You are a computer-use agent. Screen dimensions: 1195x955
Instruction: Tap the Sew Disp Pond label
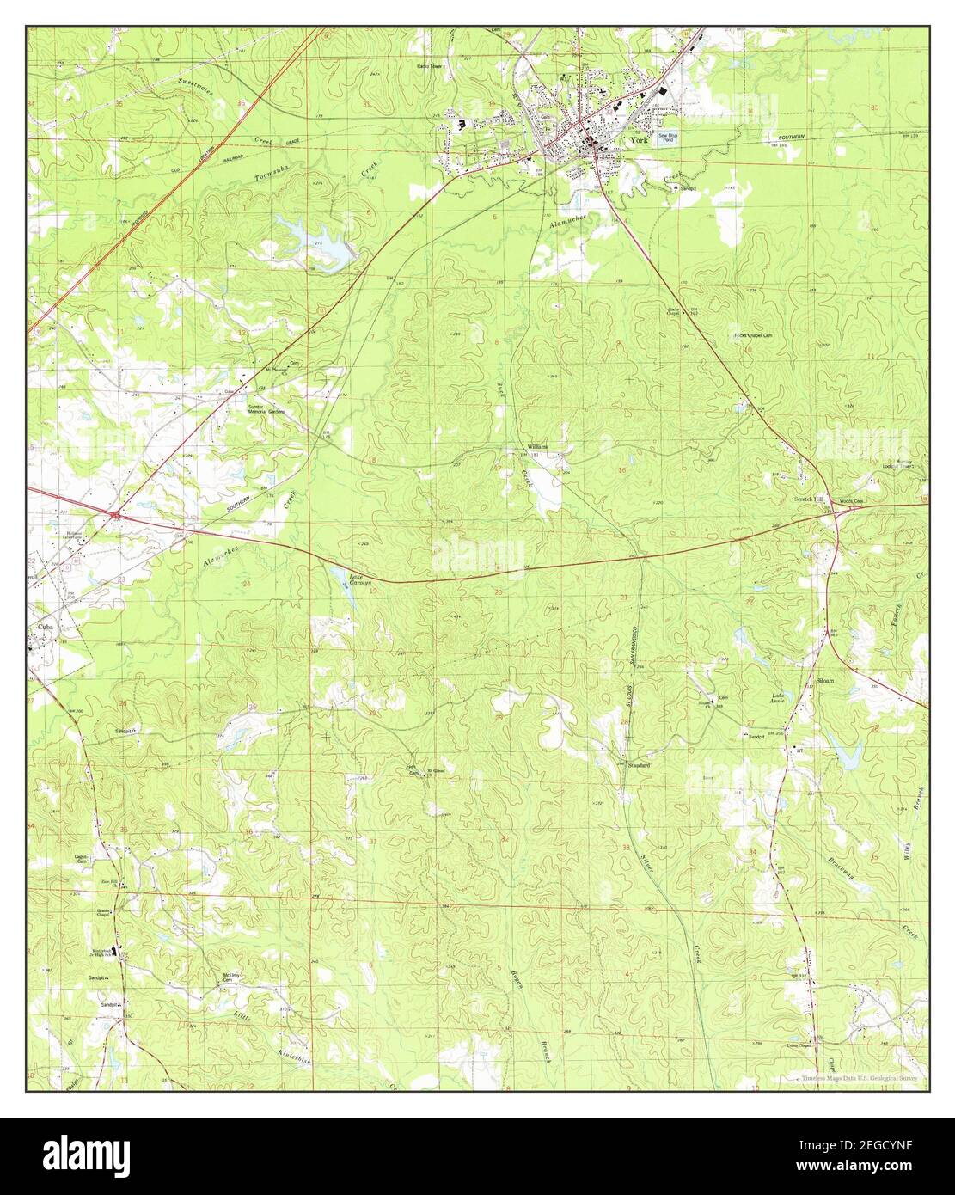coord(668,138)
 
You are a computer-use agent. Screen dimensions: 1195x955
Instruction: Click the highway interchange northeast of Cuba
coord(114,514)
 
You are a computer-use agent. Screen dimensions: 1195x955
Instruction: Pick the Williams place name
coord(538,448)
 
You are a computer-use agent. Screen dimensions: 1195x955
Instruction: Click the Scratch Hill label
coord(807,499)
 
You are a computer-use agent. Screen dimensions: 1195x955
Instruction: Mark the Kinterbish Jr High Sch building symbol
coord(119,951)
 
